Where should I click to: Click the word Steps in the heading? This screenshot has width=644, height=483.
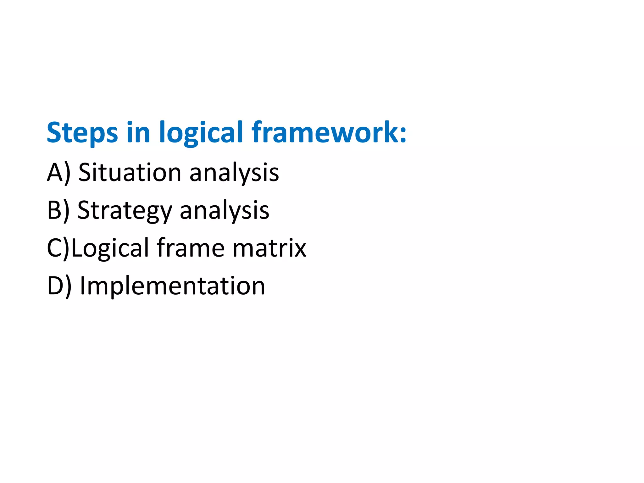pyautogui.click(x=82, y=132)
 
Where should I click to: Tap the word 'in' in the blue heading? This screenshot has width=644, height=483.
pyautogui.click(x=138, y=132)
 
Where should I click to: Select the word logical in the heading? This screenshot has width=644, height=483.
pyautogui.click(x=201, y=132)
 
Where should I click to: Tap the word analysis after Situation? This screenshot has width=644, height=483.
pyautogui.click(x=234, y=173)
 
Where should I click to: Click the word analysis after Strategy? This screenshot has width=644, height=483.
pyautogui.click(x=224, y=211)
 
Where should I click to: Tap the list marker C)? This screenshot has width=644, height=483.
pyautogui.click(x=58, y=248)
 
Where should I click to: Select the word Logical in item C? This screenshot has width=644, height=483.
pyautogui.click(x=110, y=248)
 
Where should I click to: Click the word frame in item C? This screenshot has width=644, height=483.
pyautogui.click(x=191, y=248)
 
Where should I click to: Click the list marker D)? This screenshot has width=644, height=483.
pyautogui.click(x=59, y=286)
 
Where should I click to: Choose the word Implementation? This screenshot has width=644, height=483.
pyautogui.click(x=172, y=286)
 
